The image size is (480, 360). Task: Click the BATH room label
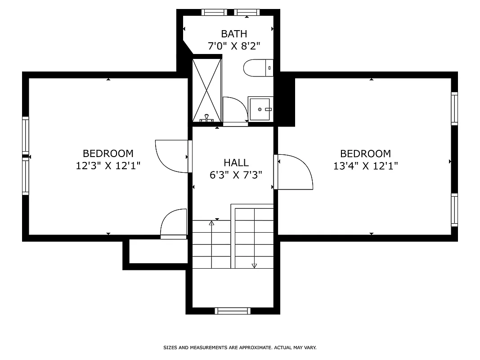[234, 34]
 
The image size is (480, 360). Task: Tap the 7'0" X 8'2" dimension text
[234, 45]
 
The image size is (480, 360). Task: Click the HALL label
[236, 163]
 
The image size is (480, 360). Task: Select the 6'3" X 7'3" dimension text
[236, 175]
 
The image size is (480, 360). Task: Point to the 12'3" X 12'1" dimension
[108, 166]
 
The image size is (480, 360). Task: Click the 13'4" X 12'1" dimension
[365, 166]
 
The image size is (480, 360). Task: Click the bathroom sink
[260, 109]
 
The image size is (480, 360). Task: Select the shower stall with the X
[207, 90]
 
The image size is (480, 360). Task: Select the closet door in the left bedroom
[174, 223]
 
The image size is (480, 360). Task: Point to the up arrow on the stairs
[212, 223]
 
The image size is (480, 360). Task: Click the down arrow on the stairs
[254, 265]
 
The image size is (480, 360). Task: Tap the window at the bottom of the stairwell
[233, 310]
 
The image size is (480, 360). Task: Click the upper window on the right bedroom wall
[454, 108]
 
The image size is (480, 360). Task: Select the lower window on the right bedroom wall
[454, 210]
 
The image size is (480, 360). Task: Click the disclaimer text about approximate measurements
[240, 347]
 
